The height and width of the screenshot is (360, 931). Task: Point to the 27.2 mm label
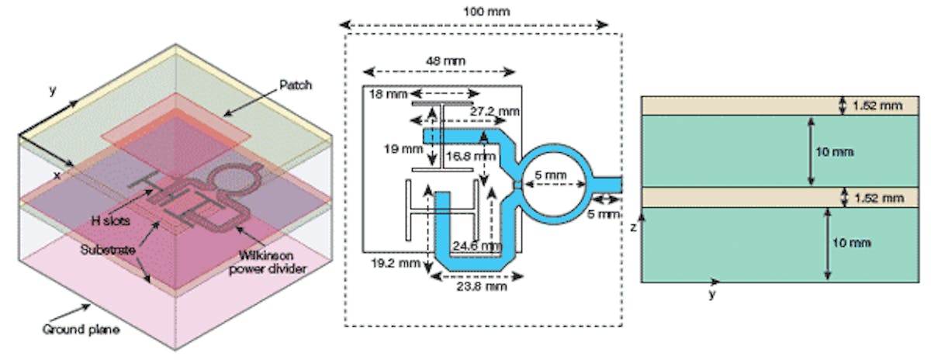495,111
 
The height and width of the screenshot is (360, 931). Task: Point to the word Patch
296,85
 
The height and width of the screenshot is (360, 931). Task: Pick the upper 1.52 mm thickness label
880,106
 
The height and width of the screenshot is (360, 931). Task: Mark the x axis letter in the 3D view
57,175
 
